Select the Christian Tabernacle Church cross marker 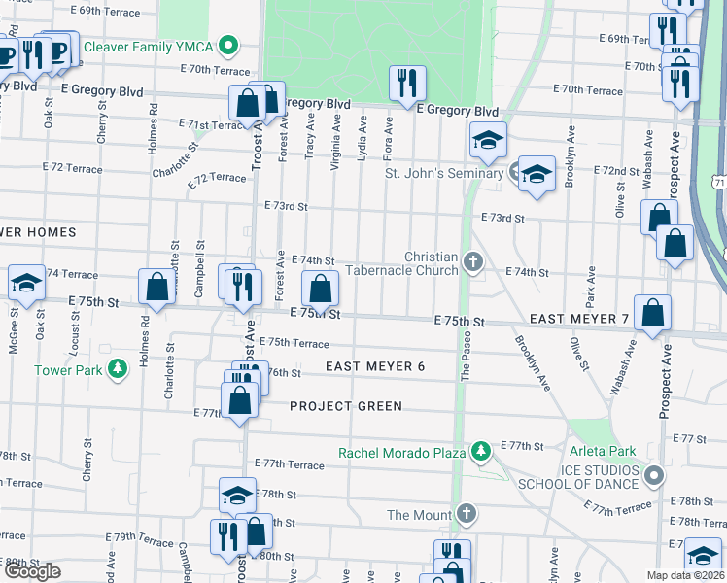tap(473, 260)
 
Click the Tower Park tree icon tap(117, 369)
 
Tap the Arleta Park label tap(603, 452)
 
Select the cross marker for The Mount tap(467, 514)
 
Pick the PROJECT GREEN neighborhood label tap(345, 405)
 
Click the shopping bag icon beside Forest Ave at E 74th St tap(320, 288)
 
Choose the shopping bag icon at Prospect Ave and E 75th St tap(652, 312)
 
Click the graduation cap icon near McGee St tap(26, 283)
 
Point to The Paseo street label tap(466, 359)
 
